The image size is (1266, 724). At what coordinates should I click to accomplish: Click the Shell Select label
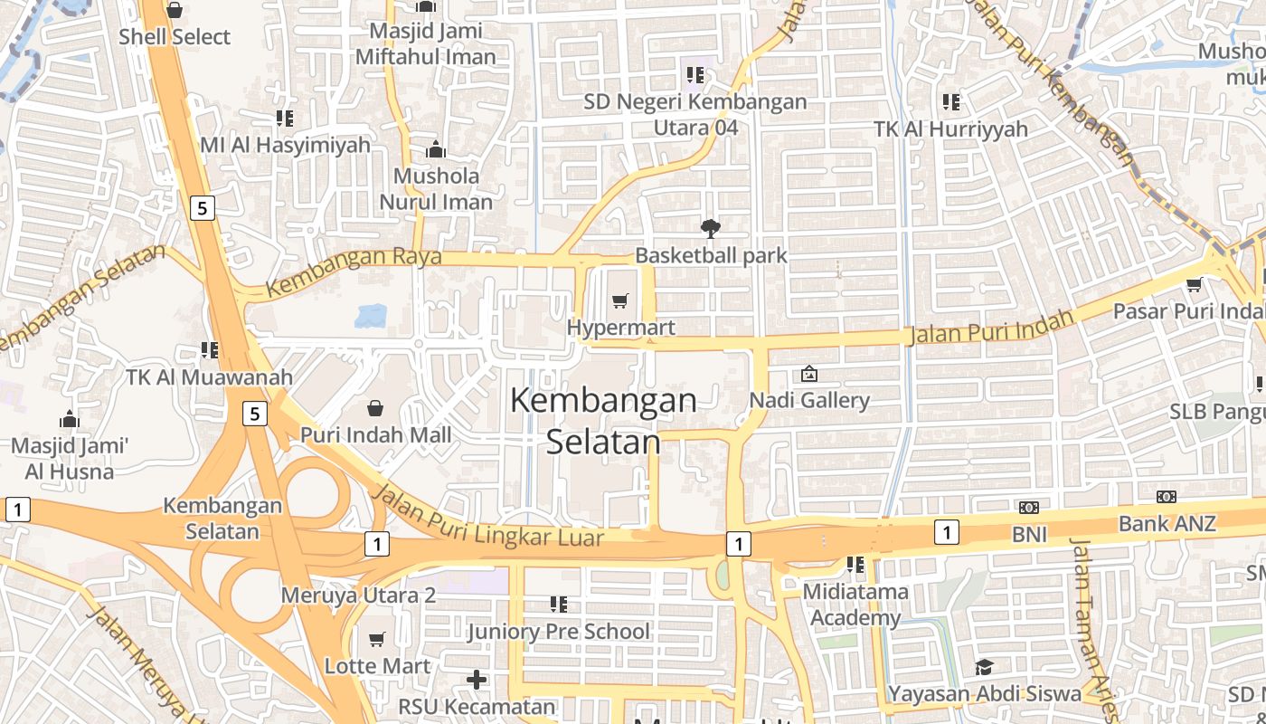pyautogui.click(x=175, y=37)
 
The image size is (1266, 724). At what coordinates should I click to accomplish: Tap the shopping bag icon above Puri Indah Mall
pyautogui.click(x=375, y=409)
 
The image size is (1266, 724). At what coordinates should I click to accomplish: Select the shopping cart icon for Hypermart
pyautogui.click(x=620, y=300)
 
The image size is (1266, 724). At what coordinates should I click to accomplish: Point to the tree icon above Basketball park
pyautogui.click(x=711, y=229)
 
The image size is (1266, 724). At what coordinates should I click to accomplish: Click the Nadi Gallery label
pyautogui.click(x=809, y=400)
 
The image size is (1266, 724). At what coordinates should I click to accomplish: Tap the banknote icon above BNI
pyautogui.click(x=1029, y=508)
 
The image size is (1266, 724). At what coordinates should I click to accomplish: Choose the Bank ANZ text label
pyautogui.click(x=1167, y=523)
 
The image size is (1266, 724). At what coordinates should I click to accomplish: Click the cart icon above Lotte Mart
pyautogui.click(x=377, y=640)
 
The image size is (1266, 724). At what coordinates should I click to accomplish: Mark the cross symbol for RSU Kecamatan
pyautogui.click(x=477, y=680)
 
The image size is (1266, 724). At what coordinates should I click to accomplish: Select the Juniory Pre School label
pyautogui.click(x=558, y=631)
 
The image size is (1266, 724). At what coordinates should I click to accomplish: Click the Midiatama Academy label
pyautogui.click(x=855, y=605)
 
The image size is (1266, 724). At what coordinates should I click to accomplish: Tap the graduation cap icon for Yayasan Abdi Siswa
pyautogui.click(x=984, y=668)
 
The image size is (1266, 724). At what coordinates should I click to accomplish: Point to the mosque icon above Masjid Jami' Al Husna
pyautogui.click(x=70, y=419)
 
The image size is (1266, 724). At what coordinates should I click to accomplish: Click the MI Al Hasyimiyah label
pyautogui.click(x=285, y=145)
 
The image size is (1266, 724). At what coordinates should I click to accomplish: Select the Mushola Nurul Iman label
pyautogui.click(x=436, y=188)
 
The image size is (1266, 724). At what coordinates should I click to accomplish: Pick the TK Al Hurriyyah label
pyautogui.click(x=950, y=129)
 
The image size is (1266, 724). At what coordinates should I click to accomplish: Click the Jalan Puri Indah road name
pyautogui.click(x=989, y=328)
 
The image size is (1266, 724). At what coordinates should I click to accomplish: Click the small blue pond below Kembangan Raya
pyautogui.click(x=371, y=315)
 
